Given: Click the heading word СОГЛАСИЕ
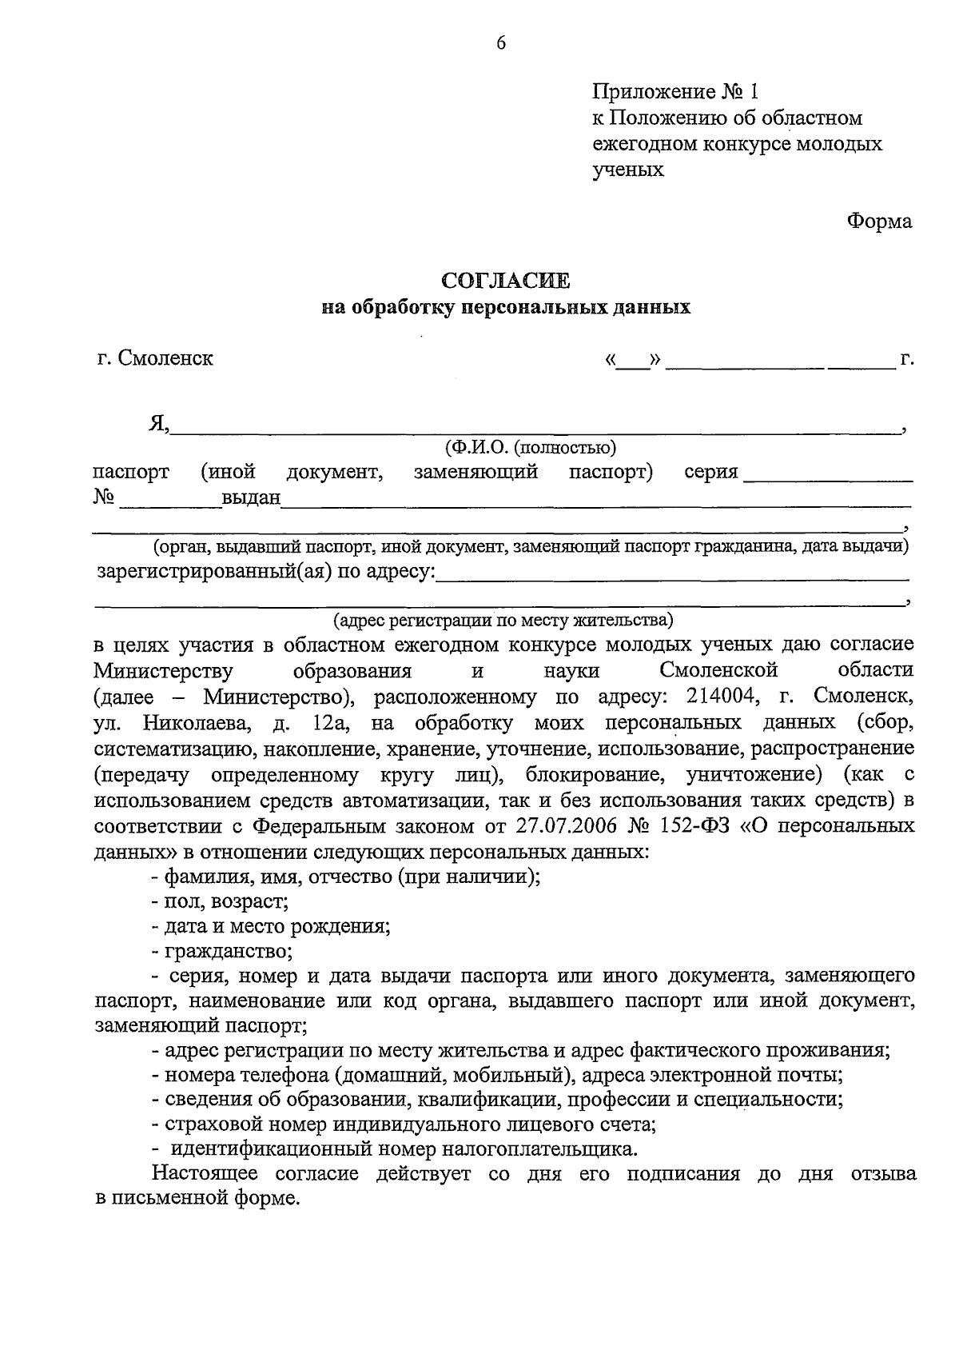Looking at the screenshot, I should coord(506,281).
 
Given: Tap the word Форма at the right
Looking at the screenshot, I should coord(879,222).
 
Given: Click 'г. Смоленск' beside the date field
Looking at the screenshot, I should coord(155,357).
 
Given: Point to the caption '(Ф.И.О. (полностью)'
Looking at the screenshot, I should coord(531,447).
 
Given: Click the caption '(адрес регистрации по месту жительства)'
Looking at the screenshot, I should coord(503,620).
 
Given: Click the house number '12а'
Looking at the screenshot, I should coord(328,723).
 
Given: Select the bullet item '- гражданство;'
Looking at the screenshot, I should coord(222,952).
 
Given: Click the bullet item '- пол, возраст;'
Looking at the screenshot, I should coord(220,901).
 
